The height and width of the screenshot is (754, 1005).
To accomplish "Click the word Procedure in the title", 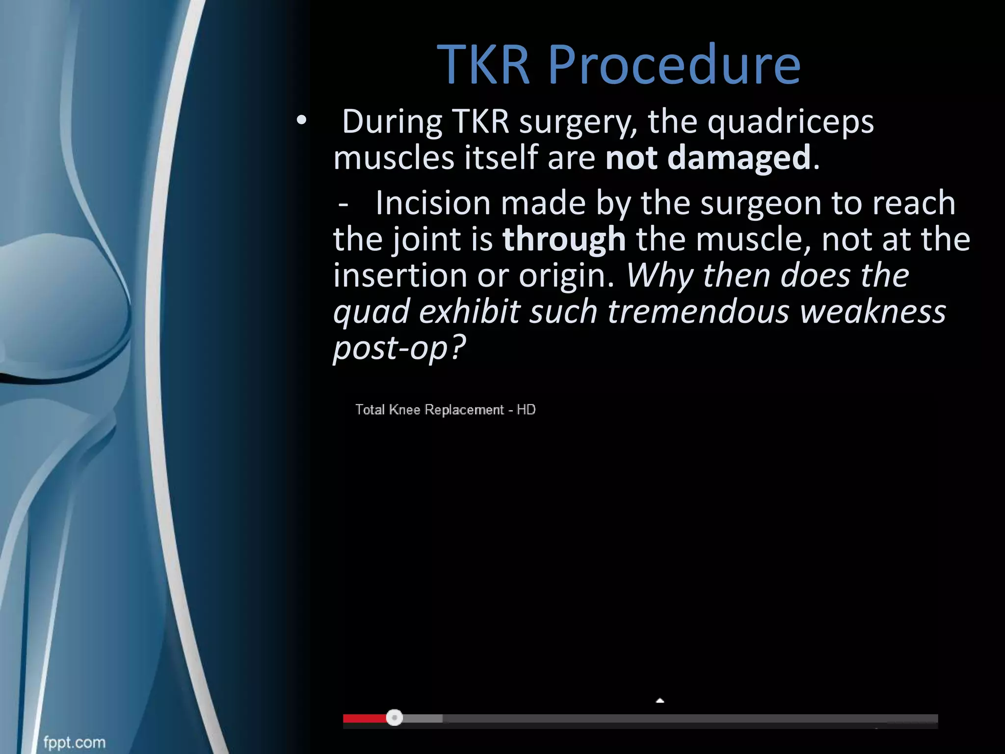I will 674,65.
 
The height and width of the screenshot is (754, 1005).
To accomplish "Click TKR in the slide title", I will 484,65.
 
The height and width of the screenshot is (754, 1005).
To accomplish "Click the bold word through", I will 564,239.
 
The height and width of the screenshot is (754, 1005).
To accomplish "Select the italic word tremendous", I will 698,312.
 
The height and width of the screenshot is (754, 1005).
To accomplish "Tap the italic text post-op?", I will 399,348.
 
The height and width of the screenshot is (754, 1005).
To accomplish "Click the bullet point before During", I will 301,120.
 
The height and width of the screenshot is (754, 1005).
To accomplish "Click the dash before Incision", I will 344,203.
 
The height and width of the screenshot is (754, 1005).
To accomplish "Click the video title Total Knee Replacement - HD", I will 445,409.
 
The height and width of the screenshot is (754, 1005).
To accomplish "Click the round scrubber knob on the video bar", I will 394,718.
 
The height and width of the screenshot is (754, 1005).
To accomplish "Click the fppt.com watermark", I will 74,742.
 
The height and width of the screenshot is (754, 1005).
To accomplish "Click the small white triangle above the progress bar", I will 660,700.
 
